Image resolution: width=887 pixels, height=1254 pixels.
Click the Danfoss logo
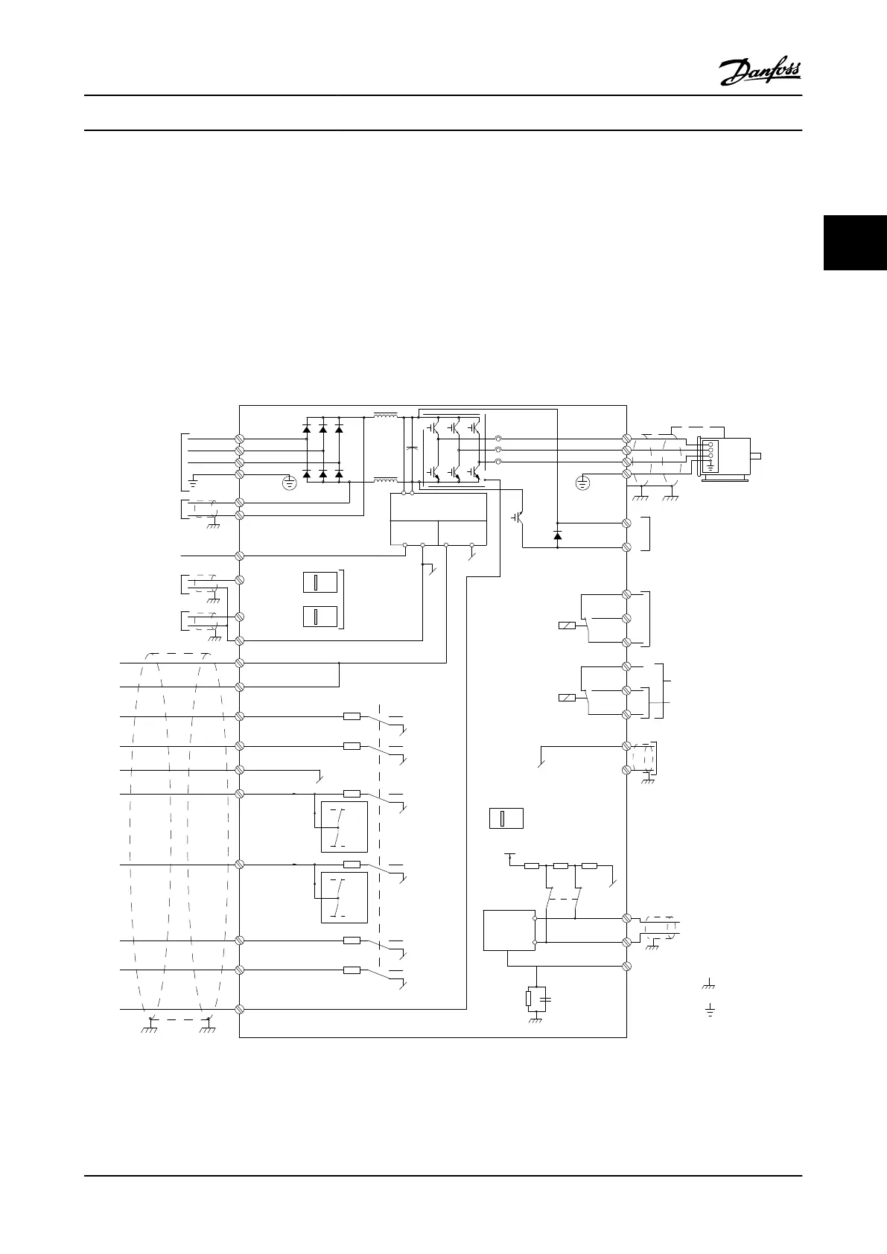point(760,72)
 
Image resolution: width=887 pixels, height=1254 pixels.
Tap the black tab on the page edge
point(855,243)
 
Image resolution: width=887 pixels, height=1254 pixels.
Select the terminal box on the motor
point(710,455)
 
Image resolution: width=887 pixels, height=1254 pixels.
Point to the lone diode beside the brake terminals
point(558,535)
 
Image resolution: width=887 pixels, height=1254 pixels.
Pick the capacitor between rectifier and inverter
point(412,450)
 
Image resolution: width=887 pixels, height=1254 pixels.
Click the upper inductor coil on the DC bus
point(385,416)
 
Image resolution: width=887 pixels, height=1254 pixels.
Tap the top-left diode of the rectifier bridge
point(307,429)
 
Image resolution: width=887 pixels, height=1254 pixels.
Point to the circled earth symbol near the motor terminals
point(583,484)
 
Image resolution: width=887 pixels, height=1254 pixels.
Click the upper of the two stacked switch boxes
point(320,582)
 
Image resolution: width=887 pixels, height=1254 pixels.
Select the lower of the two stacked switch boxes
point(320,617)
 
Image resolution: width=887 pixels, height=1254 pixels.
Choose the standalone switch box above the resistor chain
point(506,818)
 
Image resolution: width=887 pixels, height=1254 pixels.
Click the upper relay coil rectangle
point(567,626)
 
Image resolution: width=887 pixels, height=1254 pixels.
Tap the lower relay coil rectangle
point(567,698)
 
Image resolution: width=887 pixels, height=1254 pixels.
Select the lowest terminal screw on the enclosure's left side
point(241,1009)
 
